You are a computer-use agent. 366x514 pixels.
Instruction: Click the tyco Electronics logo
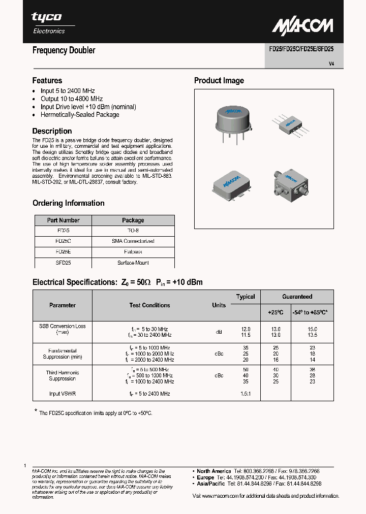(48, 22)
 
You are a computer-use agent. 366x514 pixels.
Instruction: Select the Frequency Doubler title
(64, 50)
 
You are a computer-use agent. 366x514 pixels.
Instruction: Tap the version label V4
(331, 64)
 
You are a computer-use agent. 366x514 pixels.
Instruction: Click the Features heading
(47, 81)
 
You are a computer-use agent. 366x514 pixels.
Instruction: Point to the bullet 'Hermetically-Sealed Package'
(80, 115)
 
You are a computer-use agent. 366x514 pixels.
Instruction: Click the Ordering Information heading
(69, 203)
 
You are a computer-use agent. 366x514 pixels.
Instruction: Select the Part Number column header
(63, 220)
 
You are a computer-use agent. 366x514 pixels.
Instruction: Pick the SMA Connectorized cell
(133, 241)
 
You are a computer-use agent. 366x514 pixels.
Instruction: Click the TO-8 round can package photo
(232, 122)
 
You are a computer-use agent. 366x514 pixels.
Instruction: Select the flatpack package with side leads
(290, 124)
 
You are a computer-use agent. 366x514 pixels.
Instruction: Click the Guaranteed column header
(297, 297)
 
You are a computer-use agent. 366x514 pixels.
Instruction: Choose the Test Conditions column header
(149, 305)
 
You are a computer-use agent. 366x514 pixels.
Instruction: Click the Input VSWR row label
(63, 394)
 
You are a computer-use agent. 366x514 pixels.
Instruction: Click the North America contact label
(213, 471)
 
